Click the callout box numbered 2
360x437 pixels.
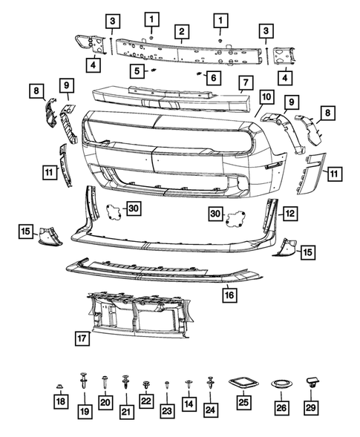pos(180,30)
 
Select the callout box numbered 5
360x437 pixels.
pos(137,71)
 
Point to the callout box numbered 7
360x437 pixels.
pos(243,81)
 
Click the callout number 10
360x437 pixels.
pos(266,97)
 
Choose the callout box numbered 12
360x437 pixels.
pos(289,214)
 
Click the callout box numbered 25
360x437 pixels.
pos(243,407)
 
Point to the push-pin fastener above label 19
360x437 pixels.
pos(82,384)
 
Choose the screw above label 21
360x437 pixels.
pos(125,384)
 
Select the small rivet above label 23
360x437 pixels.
pos(167,385)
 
